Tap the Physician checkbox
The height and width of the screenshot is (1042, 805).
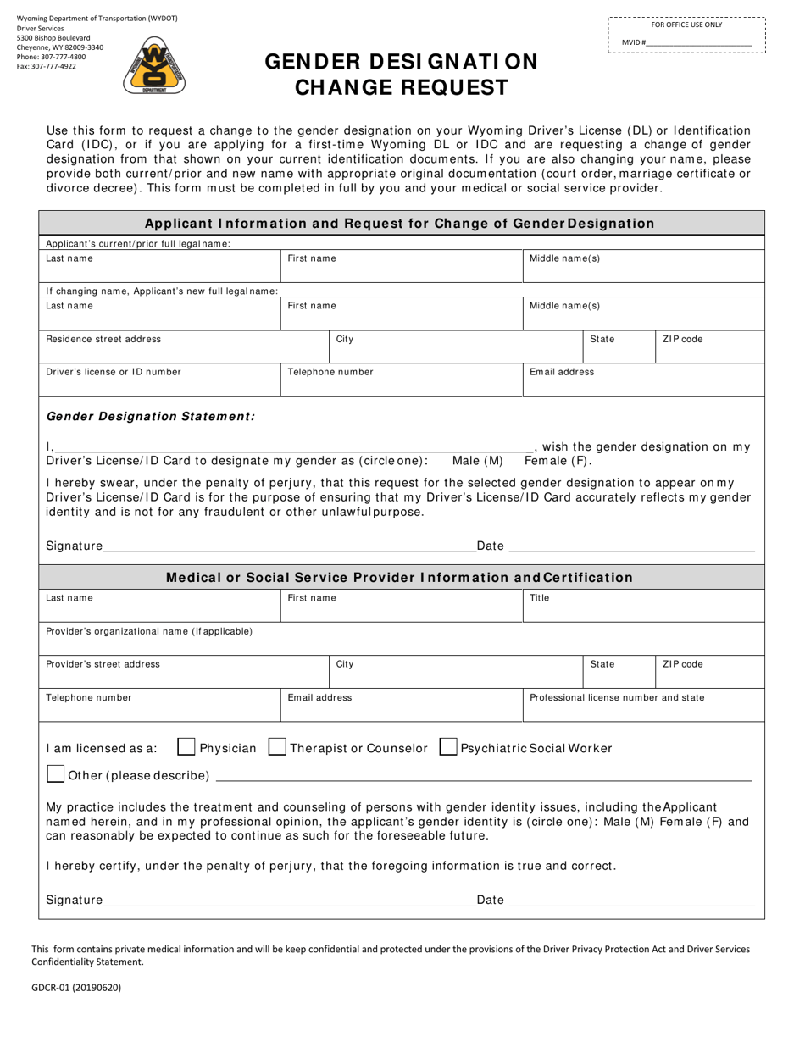click(186, 748)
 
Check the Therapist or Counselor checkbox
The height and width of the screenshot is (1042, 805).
click(277, 748)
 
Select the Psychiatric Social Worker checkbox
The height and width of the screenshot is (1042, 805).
click(448, 748)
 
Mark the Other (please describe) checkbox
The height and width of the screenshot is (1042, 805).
click(55, 775)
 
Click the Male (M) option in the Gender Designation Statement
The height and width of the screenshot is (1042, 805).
click(477, 461)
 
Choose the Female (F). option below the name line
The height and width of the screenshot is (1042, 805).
click(558, 461)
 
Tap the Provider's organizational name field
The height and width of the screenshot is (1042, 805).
click(402, 639)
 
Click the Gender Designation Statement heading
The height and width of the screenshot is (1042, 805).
click(150, 416)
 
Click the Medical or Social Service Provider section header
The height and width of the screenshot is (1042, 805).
click(399, 577)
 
